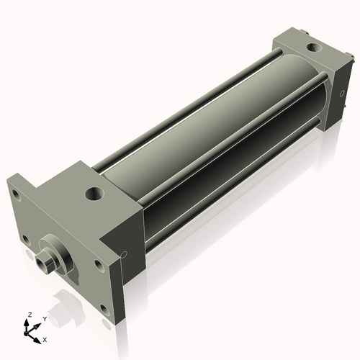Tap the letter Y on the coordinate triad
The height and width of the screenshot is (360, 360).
(44, 318)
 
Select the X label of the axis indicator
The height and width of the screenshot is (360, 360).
(45, 338)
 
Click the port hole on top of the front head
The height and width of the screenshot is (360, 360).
(93, 194)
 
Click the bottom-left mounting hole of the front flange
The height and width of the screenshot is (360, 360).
(26, 238)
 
